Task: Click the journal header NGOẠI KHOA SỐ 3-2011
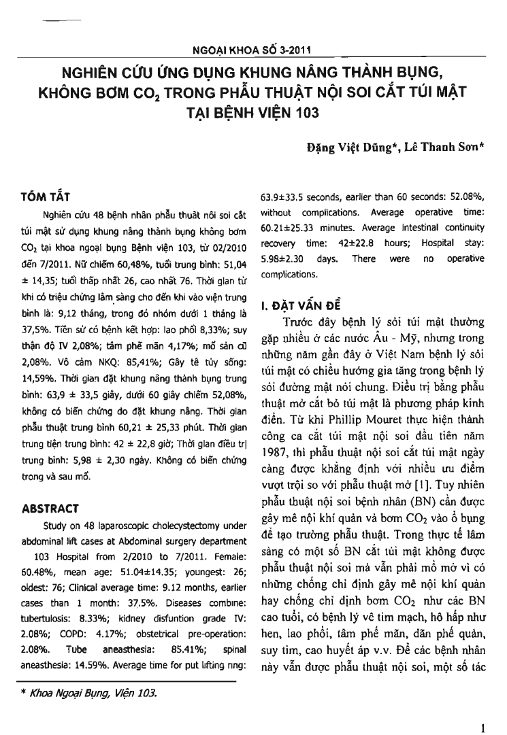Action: [253, 50]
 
